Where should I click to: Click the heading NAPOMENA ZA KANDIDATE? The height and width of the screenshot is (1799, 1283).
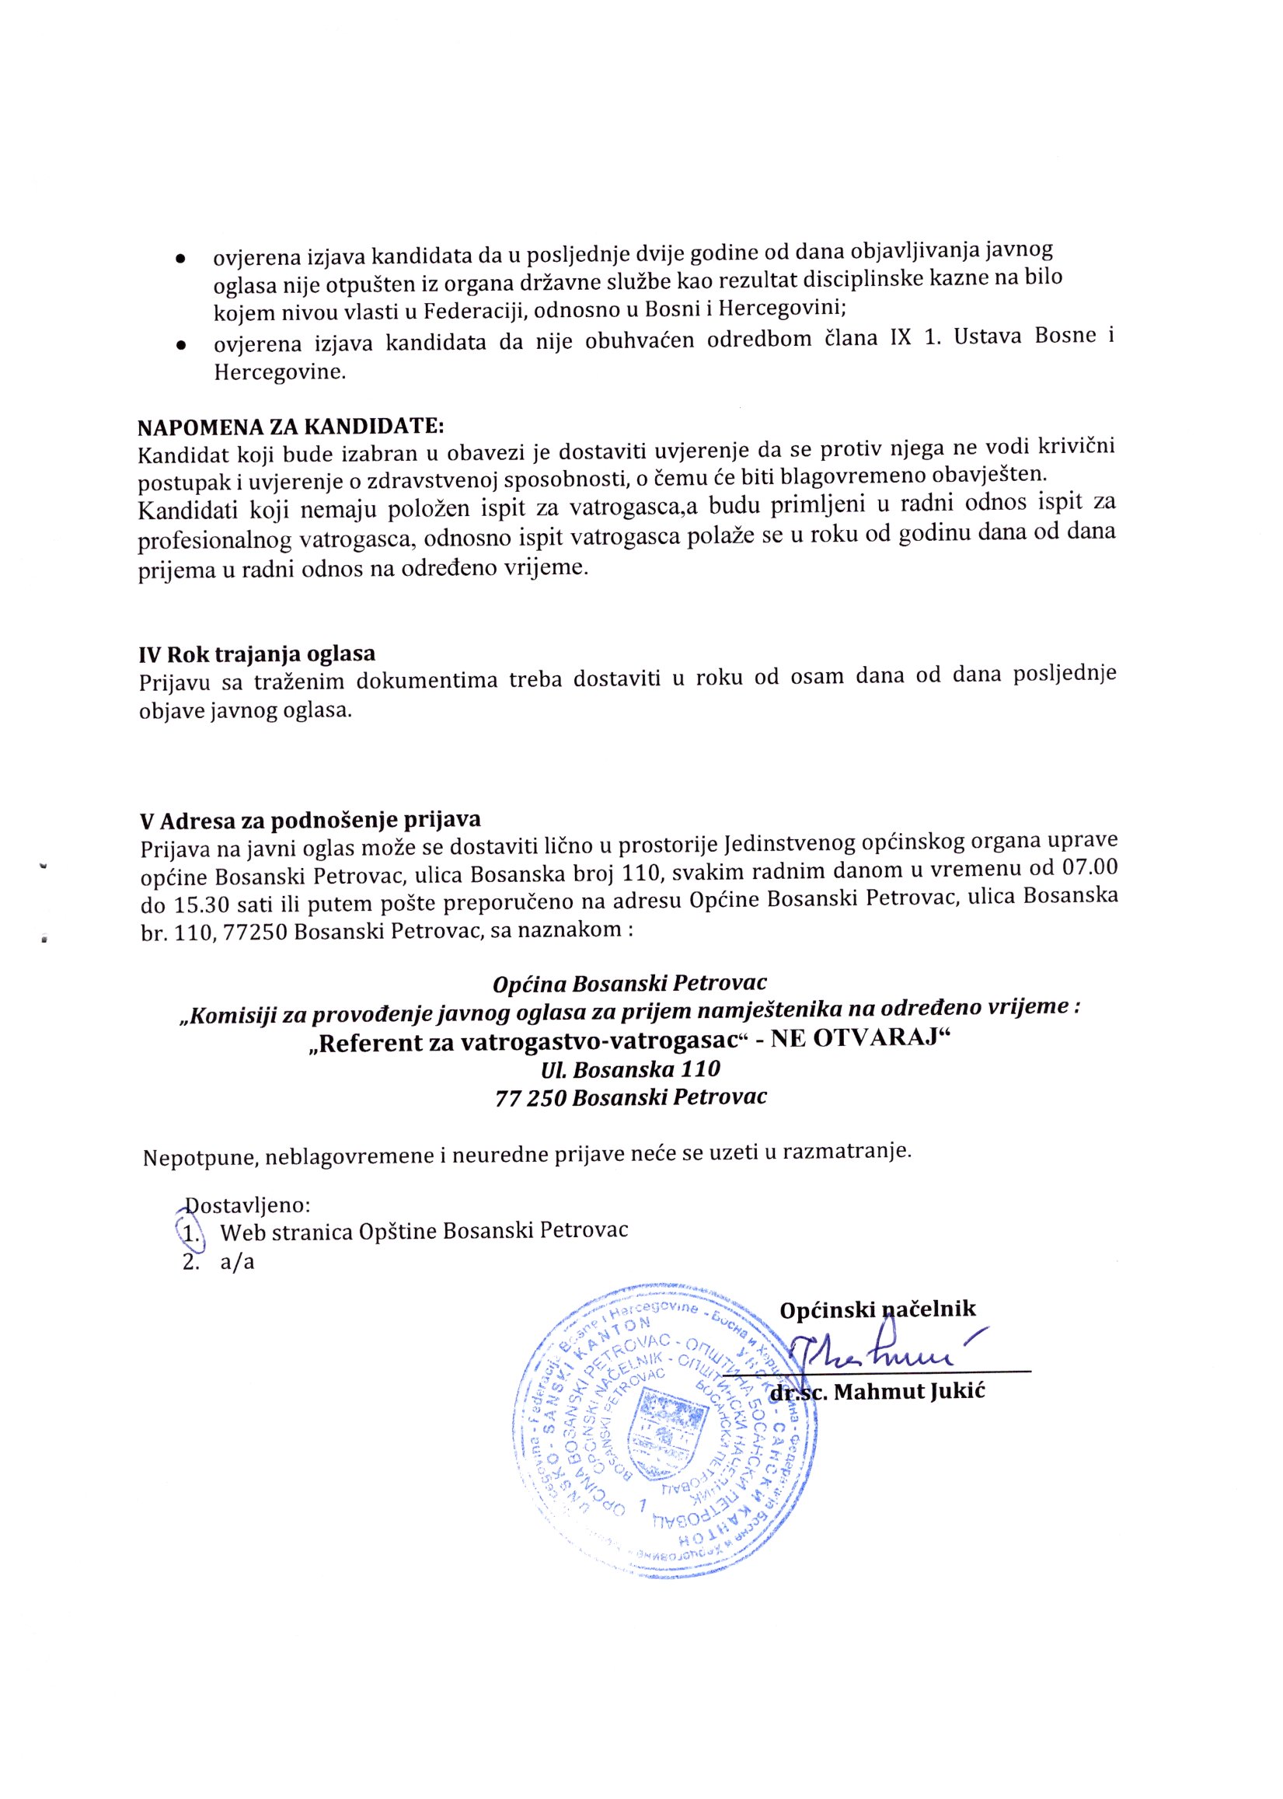coord(291,427)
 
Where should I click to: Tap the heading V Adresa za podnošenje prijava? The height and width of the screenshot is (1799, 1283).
coord(310,821)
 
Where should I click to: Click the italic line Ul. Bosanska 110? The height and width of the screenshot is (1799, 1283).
coord(629,1069)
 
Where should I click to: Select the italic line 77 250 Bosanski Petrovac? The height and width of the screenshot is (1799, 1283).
coord(630,1096)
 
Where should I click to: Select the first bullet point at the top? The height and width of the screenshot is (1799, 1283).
coord(181,259)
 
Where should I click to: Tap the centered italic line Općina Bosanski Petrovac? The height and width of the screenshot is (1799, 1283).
coord(629,984)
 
